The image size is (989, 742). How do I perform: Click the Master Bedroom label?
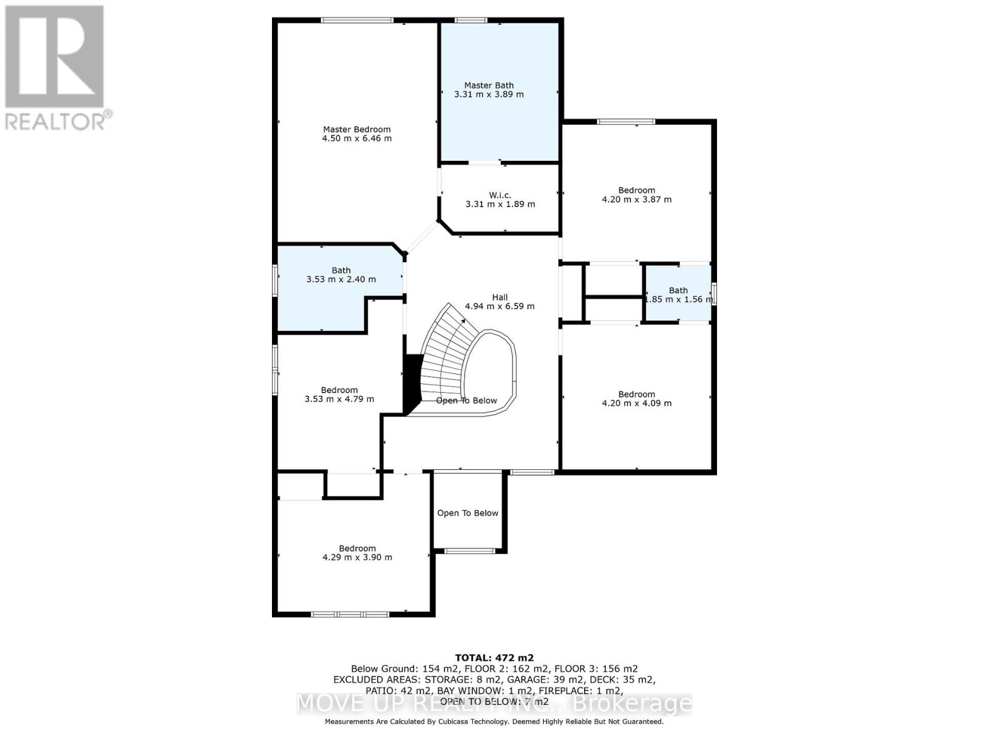click(x=357, y=129)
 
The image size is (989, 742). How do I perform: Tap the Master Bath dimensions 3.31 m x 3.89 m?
click(x=488, y=95)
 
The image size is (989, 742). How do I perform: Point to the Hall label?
click(x=499, y=297)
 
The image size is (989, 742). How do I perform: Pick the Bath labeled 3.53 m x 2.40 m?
click(x=341, y=275)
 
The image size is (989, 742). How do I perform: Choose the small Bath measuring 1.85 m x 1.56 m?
click(x=678, y=295)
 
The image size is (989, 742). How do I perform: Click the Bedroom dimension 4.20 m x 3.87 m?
click(x=636, y=200)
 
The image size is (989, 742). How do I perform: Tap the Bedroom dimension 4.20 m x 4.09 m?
click(x=636, y=403)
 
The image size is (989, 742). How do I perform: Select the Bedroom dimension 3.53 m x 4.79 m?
click(x=339, y=399)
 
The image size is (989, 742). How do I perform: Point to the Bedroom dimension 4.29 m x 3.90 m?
click(x=357, y=557)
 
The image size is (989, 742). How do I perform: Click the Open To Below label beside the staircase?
click(x=467, y=401)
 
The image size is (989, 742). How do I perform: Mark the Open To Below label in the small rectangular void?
click(x=467, y=513)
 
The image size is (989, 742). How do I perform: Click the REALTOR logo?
click(x=56, y=68)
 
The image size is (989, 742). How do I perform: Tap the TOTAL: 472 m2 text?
click(x=494, y=658)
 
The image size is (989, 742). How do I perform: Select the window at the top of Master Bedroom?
click(x=357, y=20)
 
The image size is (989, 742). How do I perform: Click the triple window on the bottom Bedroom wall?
click(x=350, y=614)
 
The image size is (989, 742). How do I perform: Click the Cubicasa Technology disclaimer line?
click(x=494, y=722)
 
